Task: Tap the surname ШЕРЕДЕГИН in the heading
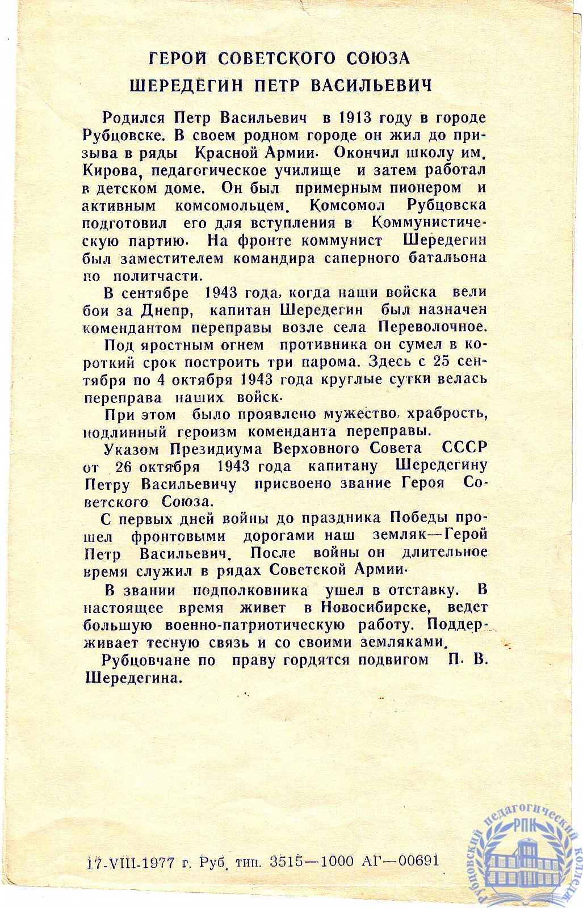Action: [x=187, y=86]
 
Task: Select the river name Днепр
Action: [x=164, y=310]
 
